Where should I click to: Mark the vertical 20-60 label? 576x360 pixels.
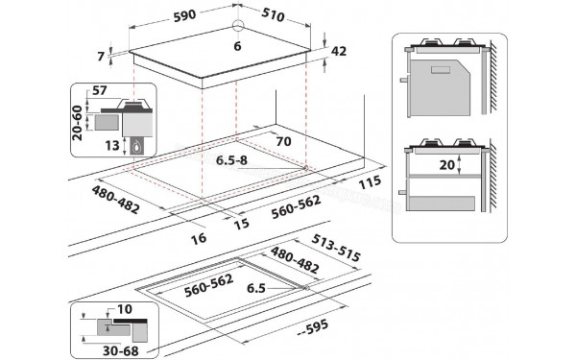coord(77,122)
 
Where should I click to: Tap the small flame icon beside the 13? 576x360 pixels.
coord(135,146)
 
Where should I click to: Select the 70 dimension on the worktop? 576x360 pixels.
coord(281,142)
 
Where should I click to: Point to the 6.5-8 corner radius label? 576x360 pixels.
coord(230,159)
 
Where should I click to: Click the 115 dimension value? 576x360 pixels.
coord(369,181)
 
